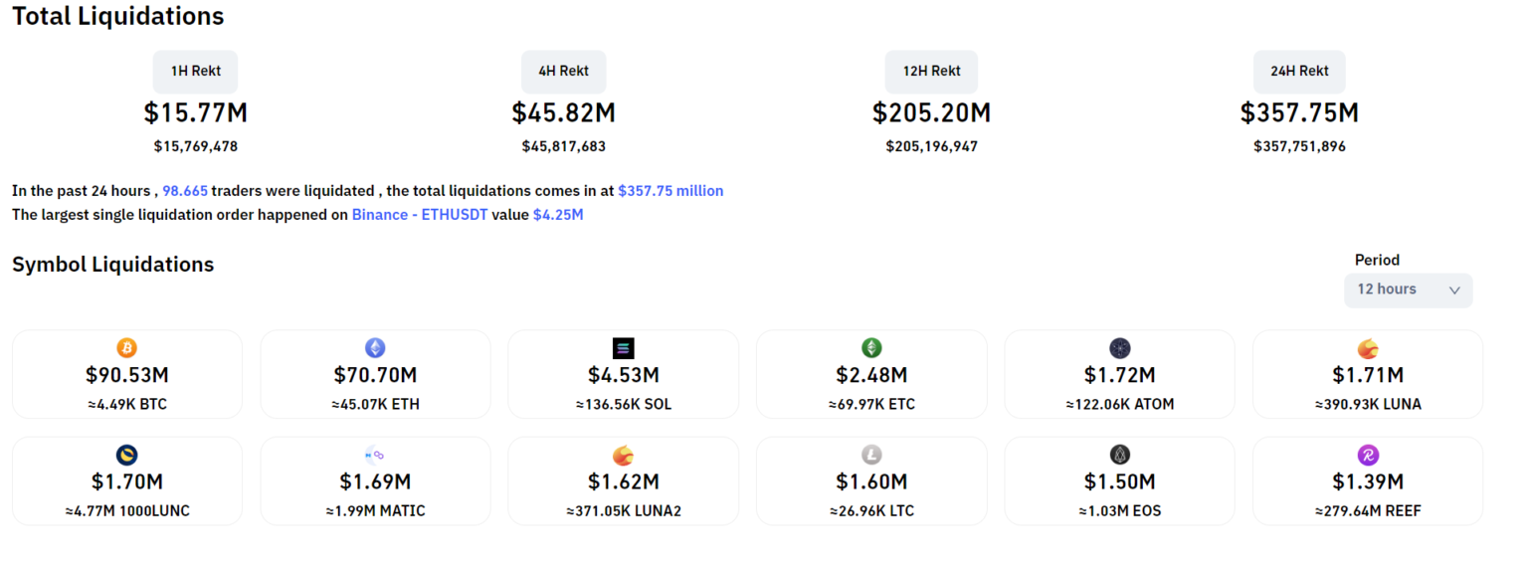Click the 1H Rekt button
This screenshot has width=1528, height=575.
point(195,72)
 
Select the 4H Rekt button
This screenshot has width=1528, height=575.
point(563,72)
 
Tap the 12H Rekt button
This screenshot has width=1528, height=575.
point(931,72)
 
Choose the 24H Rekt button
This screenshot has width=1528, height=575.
point(1299,72)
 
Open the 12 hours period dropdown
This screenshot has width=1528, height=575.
point(1408,289)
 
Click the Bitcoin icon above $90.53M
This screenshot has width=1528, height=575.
point(126,348)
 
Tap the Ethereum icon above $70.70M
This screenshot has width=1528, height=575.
point(375,348)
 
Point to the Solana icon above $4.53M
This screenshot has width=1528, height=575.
point(623,348)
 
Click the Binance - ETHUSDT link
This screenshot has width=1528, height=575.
point(419,214)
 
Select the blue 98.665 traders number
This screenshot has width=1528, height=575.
point(185,190)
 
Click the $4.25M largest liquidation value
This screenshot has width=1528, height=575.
point(558,214)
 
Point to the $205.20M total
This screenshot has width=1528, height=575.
point(931,113)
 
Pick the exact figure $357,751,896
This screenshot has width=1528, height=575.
point(1299,146)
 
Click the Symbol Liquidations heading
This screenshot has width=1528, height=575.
point(112,265)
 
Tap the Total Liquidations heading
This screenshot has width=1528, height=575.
point(117,17)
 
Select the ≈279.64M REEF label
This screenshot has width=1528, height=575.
point(1368,511)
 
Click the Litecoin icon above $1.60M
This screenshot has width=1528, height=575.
point(871,455)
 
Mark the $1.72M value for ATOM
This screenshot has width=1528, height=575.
point(1119,375)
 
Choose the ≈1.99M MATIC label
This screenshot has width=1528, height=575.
point(375,511)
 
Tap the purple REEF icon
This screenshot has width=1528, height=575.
point(1368,455)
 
